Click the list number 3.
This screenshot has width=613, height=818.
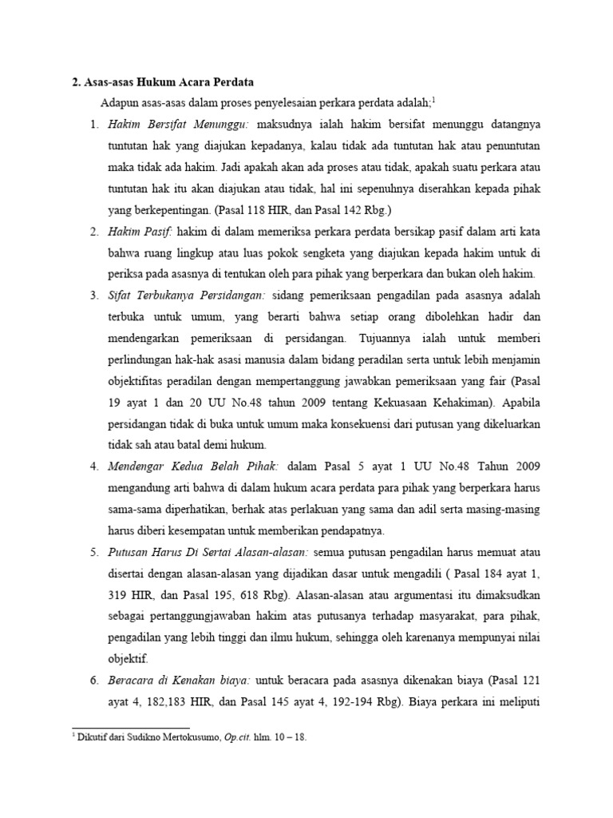click(93, 296)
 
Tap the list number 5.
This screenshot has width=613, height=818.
click(93, 552)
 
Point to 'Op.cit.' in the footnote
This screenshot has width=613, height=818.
click(234, 738)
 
